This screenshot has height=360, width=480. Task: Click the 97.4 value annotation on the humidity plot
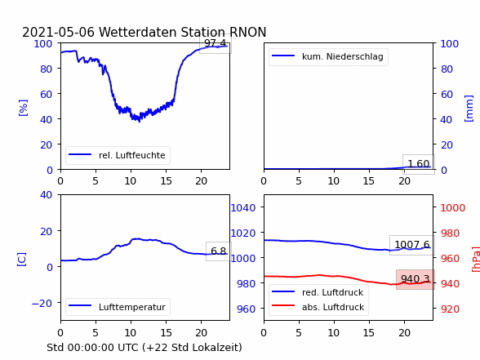coord(216,43)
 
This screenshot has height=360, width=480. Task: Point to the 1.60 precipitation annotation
coord(419,164)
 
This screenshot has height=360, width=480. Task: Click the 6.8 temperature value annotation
coord(219,251)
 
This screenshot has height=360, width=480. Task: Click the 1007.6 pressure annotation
coord(412,245)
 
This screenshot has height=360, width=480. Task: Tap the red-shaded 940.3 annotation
coord(416,279)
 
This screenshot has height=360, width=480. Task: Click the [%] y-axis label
coord(23,108)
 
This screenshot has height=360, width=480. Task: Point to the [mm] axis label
coord(469,109)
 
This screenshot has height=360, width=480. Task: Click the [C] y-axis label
coord(22,260)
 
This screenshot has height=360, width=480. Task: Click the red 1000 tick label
coord(453,208)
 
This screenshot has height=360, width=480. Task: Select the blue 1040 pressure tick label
coord(243,208)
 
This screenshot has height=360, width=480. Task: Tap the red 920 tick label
coord(451,309)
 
